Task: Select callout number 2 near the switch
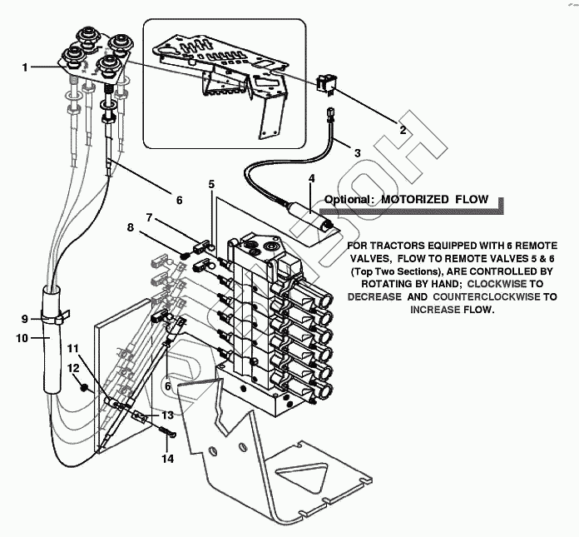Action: pos(403,130)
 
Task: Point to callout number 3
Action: pos(357,153)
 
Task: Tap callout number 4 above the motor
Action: pos(311,178)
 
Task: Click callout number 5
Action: pos(212,183)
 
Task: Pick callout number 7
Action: pos(150,217)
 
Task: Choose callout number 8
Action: pos(129,226)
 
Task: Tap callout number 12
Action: pos(72,366)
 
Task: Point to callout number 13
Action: pos(167,415)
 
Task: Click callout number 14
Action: pos(168,458)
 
